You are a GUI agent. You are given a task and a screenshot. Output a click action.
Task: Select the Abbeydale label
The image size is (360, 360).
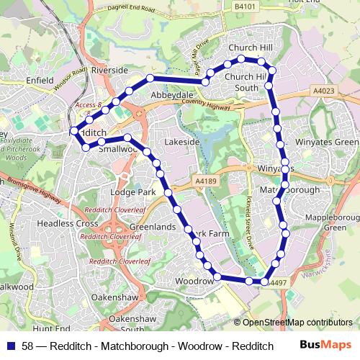pos(171,94)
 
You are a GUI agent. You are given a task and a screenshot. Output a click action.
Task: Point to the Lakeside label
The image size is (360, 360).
pos(181,143)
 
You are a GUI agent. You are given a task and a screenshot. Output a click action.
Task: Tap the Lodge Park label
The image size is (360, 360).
pos(132,193)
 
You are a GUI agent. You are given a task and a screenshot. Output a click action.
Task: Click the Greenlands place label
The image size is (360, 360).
pos(153,227)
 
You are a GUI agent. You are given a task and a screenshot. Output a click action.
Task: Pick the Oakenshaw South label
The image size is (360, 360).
pos(132,323)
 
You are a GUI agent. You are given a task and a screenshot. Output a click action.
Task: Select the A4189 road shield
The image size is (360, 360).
pos(204,182)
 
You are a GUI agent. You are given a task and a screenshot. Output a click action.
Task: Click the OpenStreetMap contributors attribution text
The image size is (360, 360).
pos(296,322)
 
